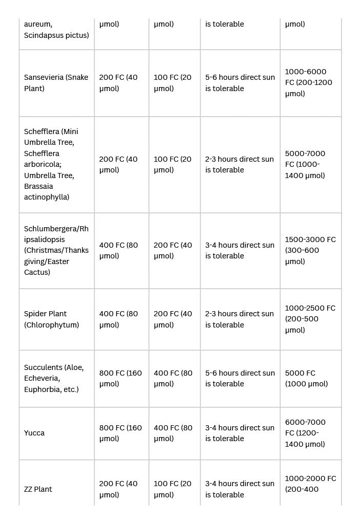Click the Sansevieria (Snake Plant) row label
[x=56, y=83]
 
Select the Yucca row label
[x=34, y=433]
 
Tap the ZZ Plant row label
[x=38, y=489]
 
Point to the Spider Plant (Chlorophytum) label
[x=51, y=319]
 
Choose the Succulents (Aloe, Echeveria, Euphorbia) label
[x=54, y=378]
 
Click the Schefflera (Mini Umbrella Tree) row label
[x=51, y=164]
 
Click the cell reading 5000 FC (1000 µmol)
[x=306, y=379]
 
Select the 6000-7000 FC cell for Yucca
[x=305, y=433]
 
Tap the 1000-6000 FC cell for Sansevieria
[x=308, y=82]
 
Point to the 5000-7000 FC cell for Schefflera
[x=305, y=164]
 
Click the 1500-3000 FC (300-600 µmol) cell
[x=310, y=250]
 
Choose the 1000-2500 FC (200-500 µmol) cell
[x=310, y=319]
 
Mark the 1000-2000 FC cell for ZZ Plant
[x=310, y=484]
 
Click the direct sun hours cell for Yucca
[x=240, y=433]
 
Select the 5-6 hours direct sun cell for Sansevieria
[x=240, y=83]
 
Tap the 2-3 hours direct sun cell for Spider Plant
[x=240, y=319]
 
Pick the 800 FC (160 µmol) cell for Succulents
[x=120, y=379]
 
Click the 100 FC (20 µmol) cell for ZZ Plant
[x=173, y=489]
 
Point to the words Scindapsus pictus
[x=56, y=35]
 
